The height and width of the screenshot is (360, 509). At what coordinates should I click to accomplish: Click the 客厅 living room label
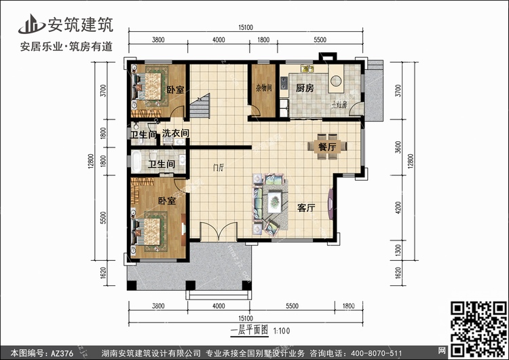[x=307, y=208]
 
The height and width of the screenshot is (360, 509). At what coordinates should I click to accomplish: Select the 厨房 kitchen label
[x=305, y=88]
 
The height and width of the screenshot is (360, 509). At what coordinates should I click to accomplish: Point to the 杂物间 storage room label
[x=263, y=88]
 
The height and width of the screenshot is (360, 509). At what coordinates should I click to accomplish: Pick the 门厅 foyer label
[x=218, y=166]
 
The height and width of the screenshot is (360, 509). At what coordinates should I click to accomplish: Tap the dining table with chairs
[x=323, y=146]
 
